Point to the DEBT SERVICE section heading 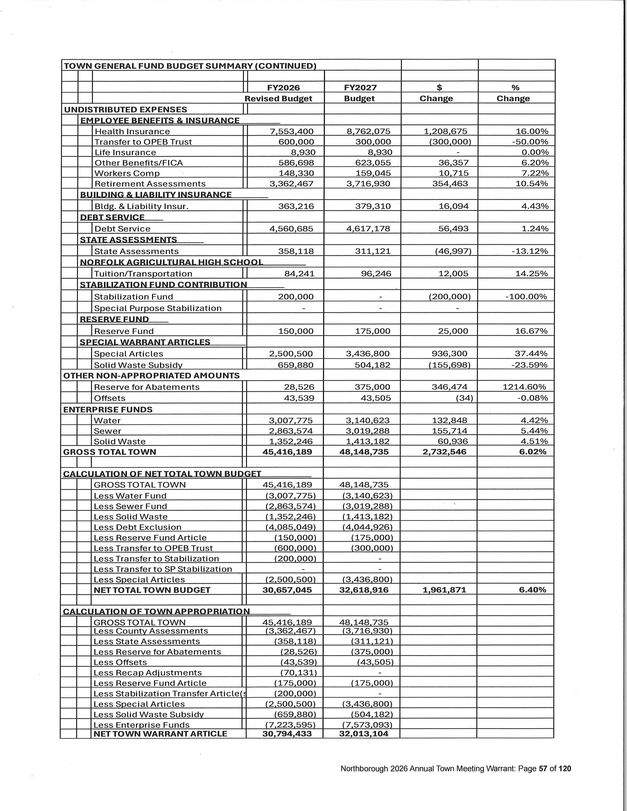[112, 217]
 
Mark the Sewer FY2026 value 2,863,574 [291, 431]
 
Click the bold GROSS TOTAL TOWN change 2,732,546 [444, 452]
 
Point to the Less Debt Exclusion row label [137, 527]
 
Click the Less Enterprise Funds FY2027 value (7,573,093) [367, 725]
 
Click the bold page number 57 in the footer [543, 769]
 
